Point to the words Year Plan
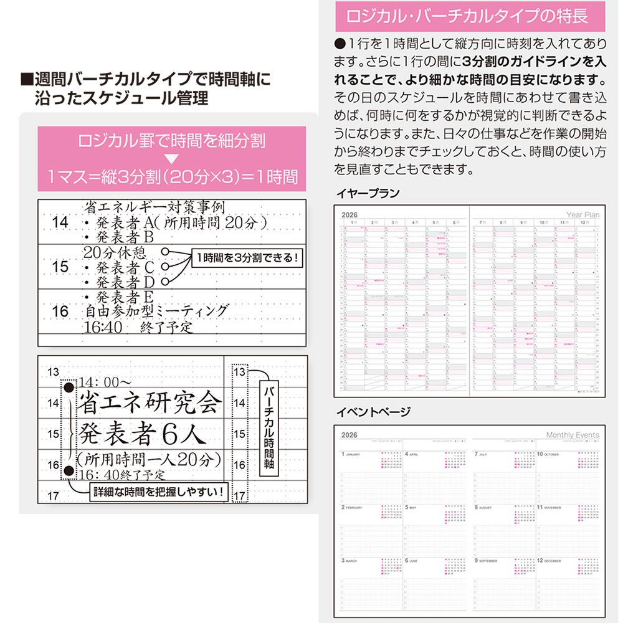583,214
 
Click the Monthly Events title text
573,435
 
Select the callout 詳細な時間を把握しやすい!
157,492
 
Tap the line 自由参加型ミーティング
156,311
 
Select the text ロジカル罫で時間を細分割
171,141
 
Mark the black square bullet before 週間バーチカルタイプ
26,80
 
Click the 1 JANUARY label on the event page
351,455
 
